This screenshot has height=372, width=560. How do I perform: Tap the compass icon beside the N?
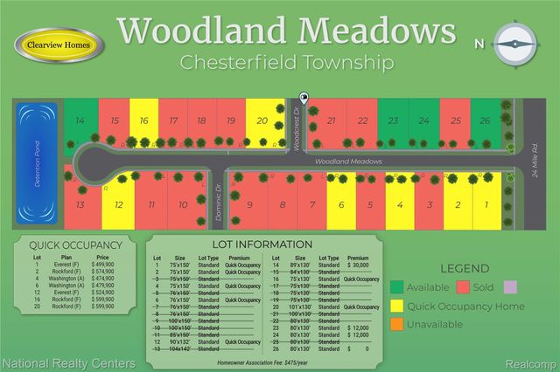[514, 43]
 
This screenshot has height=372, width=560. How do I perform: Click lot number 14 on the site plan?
[80, 121]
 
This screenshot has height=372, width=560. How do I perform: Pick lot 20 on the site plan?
[262, 121]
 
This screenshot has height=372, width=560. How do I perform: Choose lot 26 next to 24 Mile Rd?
[483, 121]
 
